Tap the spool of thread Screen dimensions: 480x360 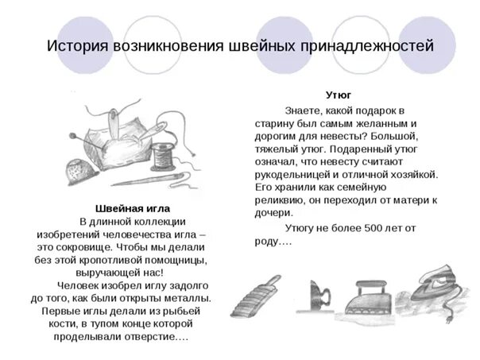click(x=165, y=152)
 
